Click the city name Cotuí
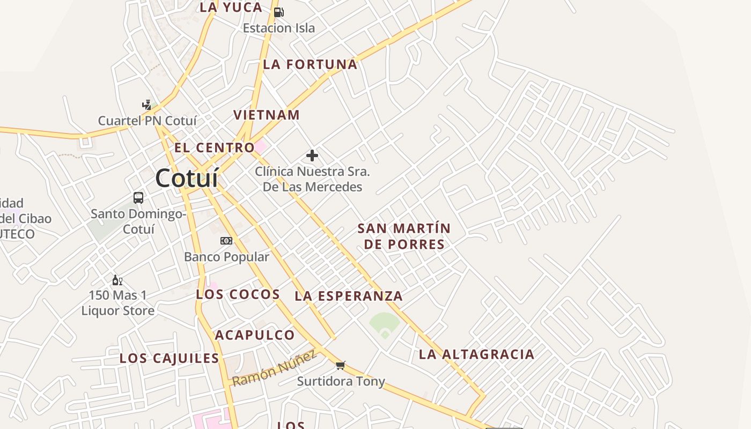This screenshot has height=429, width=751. tap(187, 179)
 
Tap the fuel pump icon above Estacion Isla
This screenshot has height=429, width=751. tap(278, 12)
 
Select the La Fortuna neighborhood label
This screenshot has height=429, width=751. tap(310, 64)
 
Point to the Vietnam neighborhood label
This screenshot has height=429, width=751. tap(267, 115)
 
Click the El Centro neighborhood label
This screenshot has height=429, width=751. tap(215, 147)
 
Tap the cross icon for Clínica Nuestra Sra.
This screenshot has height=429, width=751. tap(312, 156)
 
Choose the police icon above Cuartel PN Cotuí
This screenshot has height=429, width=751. tap(147, 104)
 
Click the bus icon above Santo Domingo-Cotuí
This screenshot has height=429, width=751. tap(138, 197)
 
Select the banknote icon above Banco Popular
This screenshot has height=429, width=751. tap(226, 240)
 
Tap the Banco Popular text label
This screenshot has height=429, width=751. tap(226, 257)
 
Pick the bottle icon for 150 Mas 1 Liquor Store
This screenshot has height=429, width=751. tap(117, 280)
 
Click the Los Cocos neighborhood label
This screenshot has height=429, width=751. tap(238, 294)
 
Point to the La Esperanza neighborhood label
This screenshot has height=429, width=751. tap(349, 295)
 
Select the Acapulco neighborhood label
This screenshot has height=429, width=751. tap(255, 335)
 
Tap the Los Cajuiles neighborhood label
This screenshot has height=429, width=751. tap(170, 358)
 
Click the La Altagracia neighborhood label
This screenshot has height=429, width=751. tap(476, 354)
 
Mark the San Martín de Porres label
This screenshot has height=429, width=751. tap(404, 236)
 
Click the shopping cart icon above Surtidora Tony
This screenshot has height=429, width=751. tap(340, 365)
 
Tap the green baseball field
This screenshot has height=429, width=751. tap(385, 324)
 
